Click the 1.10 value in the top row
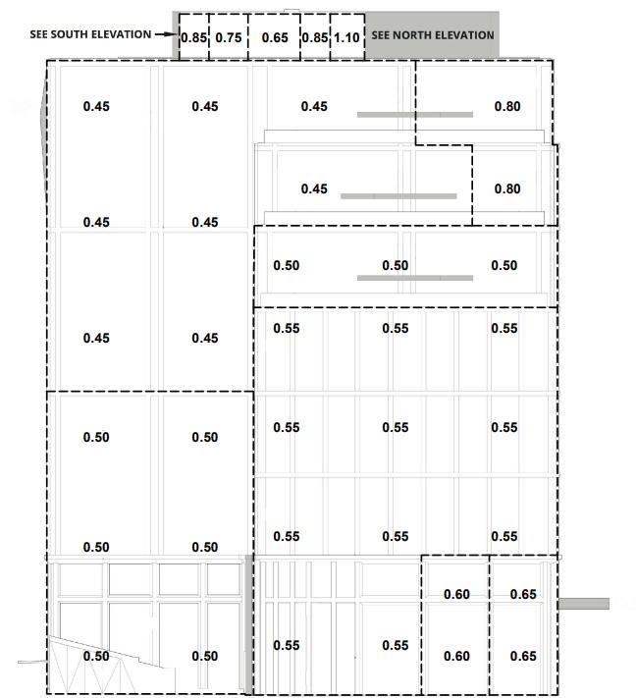pyautogui.click(x=347, y=38)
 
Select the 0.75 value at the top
pyautogui.click(x=229, y=38)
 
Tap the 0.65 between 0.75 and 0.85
pyautogui.click(x=275, y=38)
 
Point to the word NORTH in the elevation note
pyautogui.click(x=412, y=35)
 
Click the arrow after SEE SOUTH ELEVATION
pyautogui.click(x=166, y=34)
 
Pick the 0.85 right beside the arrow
pyautogui.click(x=193, y=38)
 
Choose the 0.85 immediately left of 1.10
pyautogui.click(x=314, y=38)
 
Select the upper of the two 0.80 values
pyautogui.click(x=507, y=106)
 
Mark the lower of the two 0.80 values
pyautogui.click(x=507, y=188)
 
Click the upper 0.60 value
pyautogui.click(x=456, y=594)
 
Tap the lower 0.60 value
pyautogui.click(x=456, y=656)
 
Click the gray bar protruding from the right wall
pyautogui.click(x=583, y=603)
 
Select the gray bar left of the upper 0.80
pyautogui.click(x=414, y=115)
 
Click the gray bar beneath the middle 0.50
pyautogui.click(x=414, y=279)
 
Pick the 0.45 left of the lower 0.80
pyautogui.click(x=314, y=188)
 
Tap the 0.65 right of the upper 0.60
pyautogui.click(x=523, y=594)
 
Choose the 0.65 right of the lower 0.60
pyautogui.click(x=523, y=656)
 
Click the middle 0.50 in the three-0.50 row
pyautogui.click(x=395, y=265)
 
